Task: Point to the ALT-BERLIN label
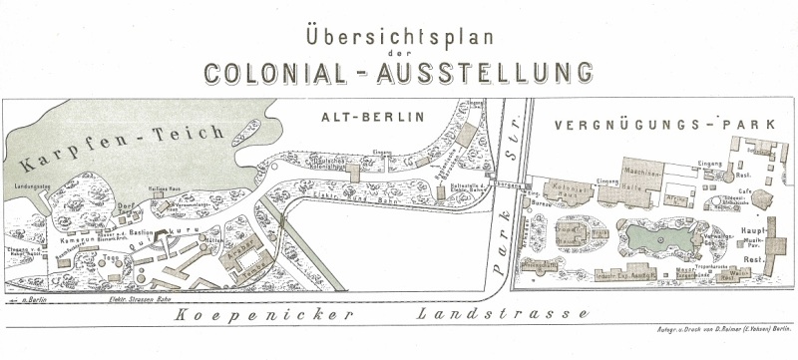tap(372, 117)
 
